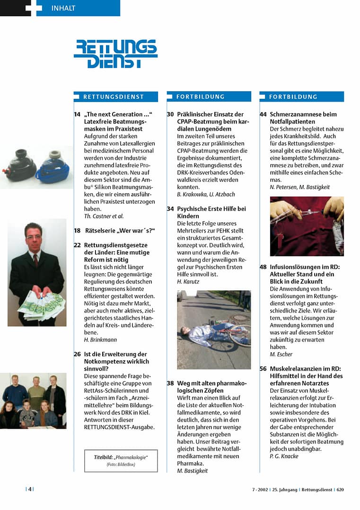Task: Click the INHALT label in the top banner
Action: coord(63,8)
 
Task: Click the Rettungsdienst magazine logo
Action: coord(115,54)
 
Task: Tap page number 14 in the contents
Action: coord(77,114)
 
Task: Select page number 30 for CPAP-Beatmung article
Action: coord(171,114)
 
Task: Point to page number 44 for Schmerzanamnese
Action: coord(263,114)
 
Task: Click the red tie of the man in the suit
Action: coord(35,260)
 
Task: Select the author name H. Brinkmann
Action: coord(100,339)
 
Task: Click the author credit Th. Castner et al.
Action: coord(104,216)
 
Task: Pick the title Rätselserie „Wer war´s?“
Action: coord(120,231)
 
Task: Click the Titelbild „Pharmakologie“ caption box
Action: coord(121,461)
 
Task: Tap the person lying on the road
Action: coord(208,331)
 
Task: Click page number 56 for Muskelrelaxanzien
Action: coord(263,369)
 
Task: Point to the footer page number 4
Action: coord(29,490)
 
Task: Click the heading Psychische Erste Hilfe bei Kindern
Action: coord(211,212)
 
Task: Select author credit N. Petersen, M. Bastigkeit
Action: coord(299,187)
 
